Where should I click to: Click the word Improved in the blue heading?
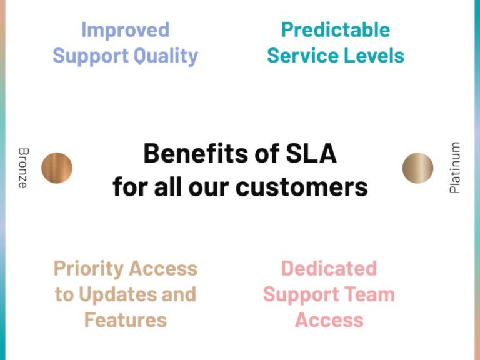point(125,29)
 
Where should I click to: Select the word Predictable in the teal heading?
point(336,29)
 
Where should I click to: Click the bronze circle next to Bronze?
point(57,167)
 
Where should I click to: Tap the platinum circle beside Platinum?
point(417,167)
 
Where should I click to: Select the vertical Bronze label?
point(23,167)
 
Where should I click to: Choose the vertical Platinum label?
point(455,167)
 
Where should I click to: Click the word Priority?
point(87,269)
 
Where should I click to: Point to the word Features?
point(125,320)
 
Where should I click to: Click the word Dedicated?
point(329,269)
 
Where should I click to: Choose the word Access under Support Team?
point(329,320)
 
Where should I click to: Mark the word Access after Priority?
point(162,269)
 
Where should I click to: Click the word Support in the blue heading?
point(86,56)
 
